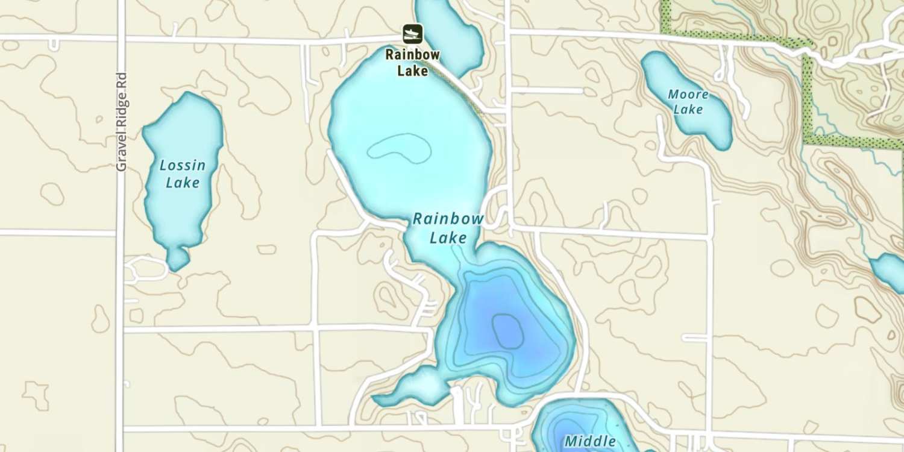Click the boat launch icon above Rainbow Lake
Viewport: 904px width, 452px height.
click(x=413, y=34)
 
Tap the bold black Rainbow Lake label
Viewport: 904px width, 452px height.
click(x=413, y=63)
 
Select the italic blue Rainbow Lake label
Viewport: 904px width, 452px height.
click(x=448, y=228)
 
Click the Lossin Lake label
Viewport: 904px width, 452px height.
click(x=183, y=174)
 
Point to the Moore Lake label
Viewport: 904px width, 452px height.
click(x=688, y=102)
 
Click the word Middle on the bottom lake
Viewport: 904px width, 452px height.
click(x=590, y=441)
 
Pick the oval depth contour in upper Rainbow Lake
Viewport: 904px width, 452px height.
click(x=400, y=148)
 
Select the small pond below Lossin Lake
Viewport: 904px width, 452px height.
click(x=177, y=259)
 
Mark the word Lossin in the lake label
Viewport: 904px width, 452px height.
click(x=183, y=165)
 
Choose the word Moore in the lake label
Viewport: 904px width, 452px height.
click(x=688, y=95)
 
